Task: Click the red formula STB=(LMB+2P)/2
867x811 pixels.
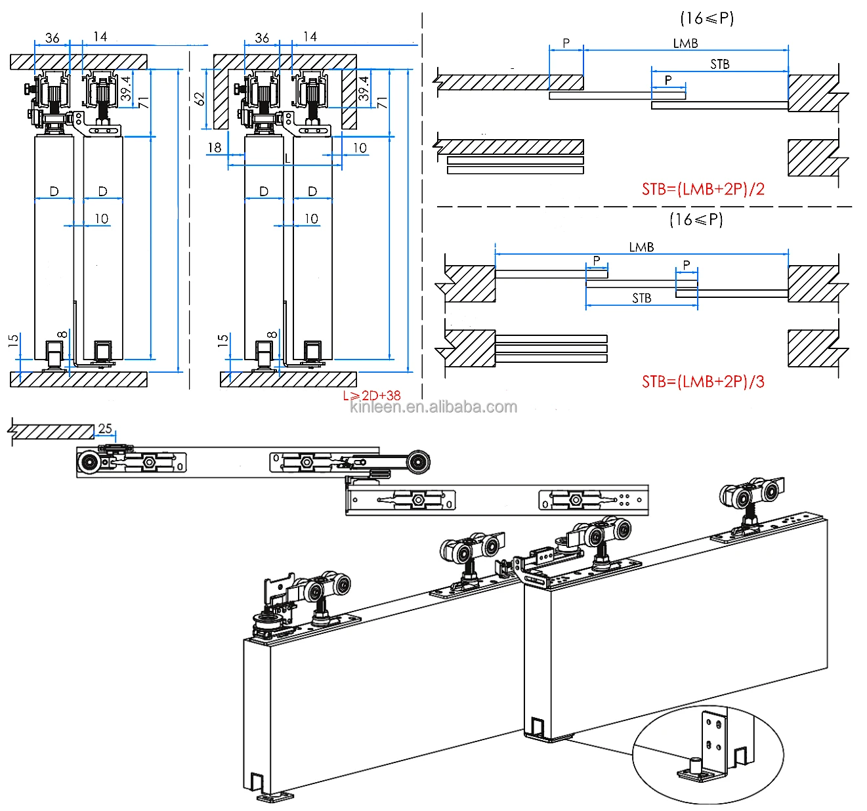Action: pos(703,189)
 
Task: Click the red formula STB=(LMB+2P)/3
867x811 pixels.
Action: pos(703,381)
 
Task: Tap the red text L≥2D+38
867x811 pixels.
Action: pos(371,395)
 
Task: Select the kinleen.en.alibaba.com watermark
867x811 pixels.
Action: pos(433,407)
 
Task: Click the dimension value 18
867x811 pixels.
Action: pos(215,148)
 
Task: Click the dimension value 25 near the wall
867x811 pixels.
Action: pos(105,428)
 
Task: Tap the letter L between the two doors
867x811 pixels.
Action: pos(287,158)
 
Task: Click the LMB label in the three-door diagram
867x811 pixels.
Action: pos(641,247)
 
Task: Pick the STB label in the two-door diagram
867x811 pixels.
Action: pos(719,64)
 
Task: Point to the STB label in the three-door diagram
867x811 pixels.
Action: pos(641,298)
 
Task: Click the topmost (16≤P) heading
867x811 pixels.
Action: pos(706,18)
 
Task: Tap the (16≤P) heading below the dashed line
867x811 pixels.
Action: pos(696,219)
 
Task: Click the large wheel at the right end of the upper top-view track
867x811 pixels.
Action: pos(417,462)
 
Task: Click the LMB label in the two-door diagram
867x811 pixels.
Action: pos(685,43)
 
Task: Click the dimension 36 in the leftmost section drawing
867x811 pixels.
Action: pos(53,37)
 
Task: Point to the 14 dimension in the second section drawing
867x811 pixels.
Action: pos(310,37)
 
